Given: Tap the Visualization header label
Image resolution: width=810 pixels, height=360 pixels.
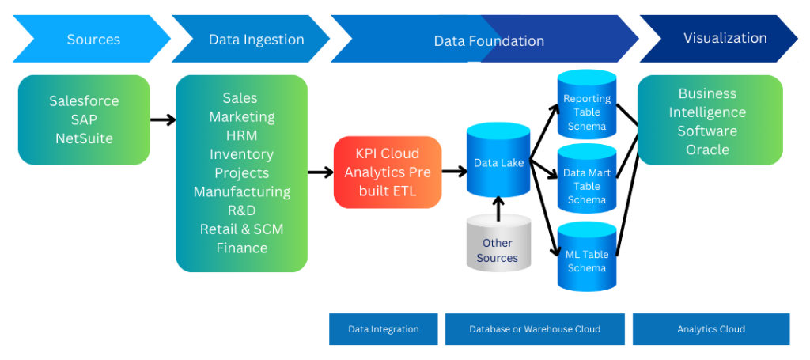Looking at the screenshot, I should pyautogui.click(x=725, y=38).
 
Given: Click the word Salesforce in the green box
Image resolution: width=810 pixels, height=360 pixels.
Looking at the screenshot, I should pyautogui.click(x=84, y=101).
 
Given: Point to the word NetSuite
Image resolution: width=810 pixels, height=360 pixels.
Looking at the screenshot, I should pyautogui.click(x=84, y=138).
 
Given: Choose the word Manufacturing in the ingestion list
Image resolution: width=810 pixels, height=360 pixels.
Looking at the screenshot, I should pyautogui.click(x=242, y=191).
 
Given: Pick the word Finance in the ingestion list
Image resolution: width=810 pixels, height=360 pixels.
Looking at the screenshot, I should pyautogui.click(x=242, y=248).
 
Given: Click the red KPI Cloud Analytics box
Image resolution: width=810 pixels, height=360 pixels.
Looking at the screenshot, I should pyautogui.click(x=388, y=172).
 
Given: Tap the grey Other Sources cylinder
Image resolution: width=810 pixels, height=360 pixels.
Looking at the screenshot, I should pyautogui.click(x=497, y=246).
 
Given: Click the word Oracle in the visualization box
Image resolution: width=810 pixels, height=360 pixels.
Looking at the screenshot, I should pyautogui.click(x=707, y=150).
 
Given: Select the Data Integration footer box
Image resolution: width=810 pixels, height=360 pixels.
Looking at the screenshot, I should pyautogui.click(x=383, y=329).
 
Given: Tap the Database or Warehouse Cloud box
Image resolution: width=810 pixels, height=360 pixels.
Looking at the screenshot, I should pyautogui.click(x=535, y=329).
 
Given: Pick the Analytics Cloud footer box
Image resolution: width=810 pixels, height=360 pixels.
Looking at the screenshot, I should pyautogui.click(x=710, y=329).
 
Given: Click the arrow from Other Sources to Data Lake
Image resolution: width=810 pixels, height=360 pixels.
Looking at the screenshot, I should pyautogui.click(x=498, y=207).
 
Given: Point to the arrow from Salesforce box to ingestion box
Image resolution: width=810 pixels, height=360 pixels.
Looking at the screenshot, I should pyautogui.click(x=163, y=119).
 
